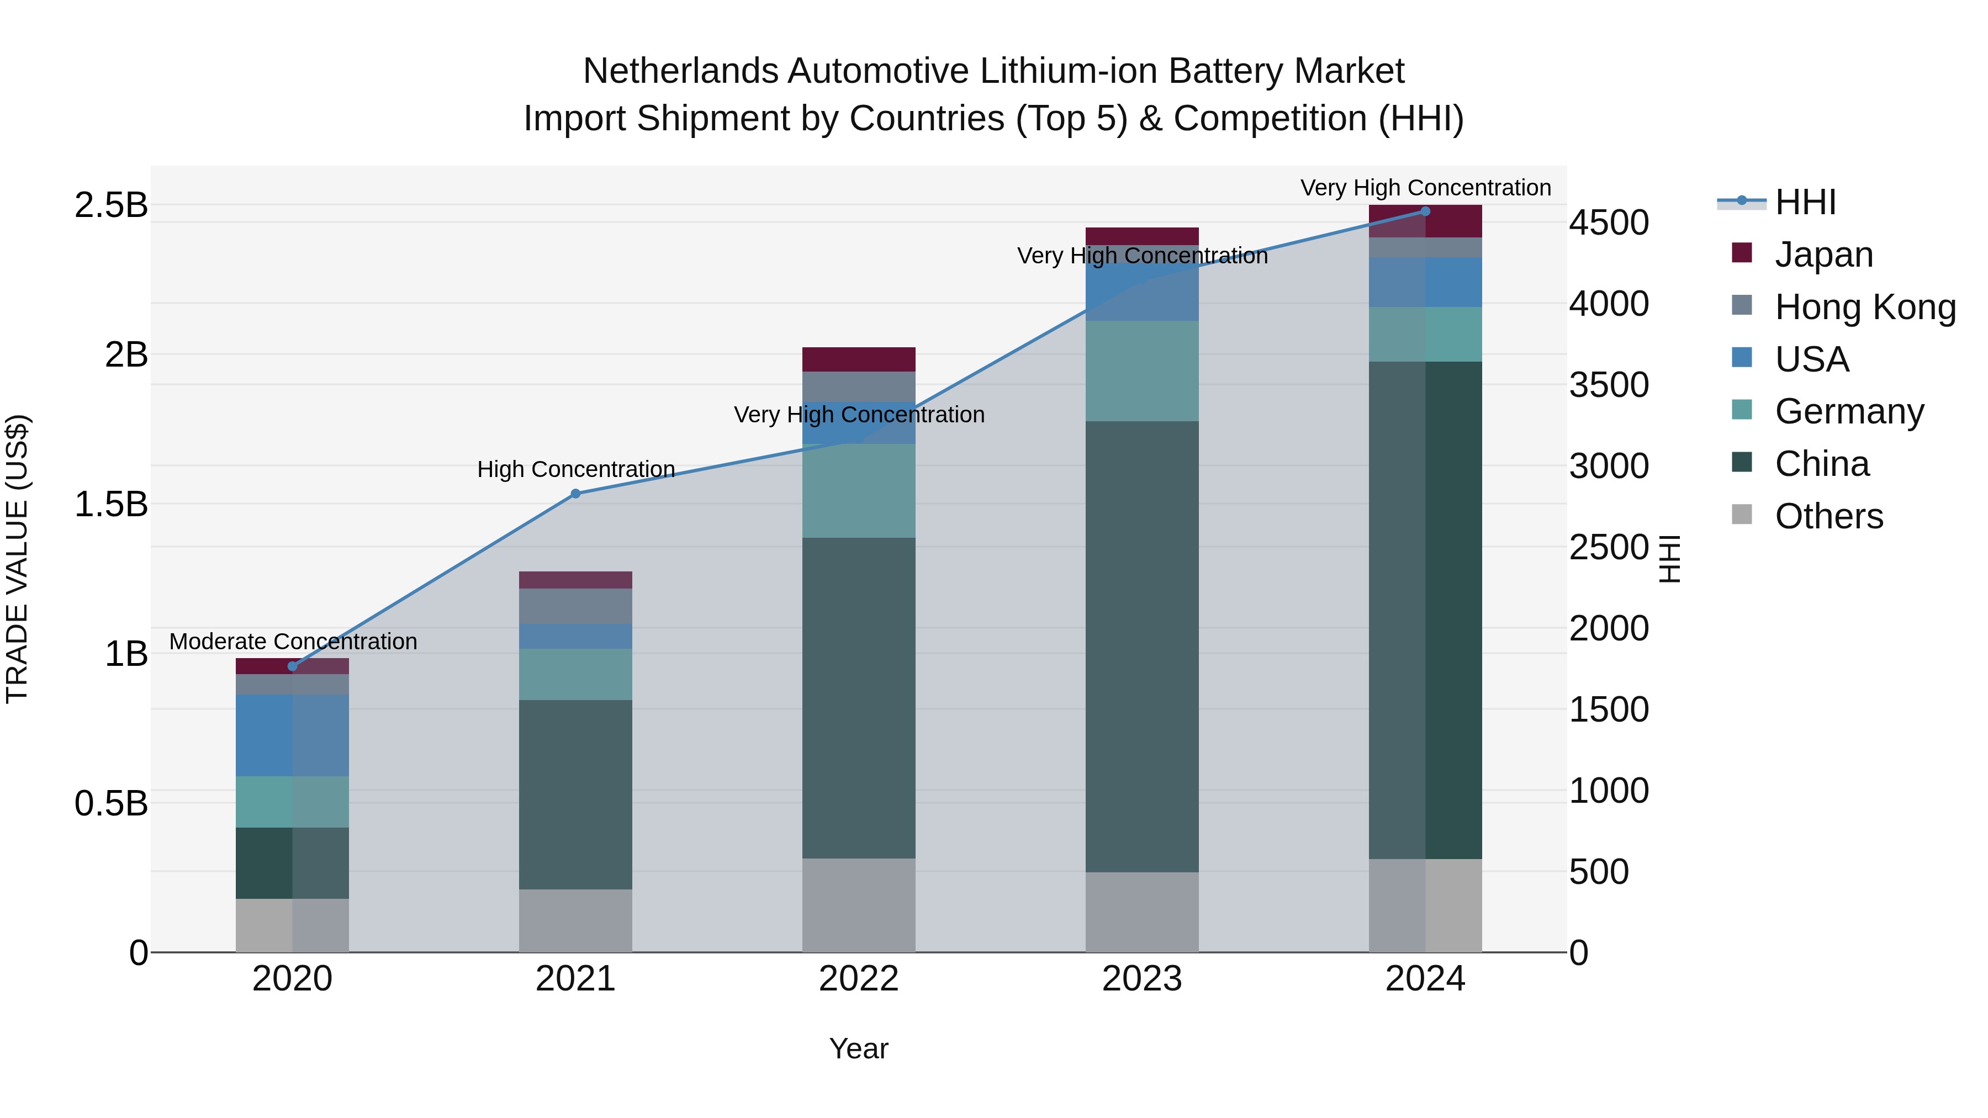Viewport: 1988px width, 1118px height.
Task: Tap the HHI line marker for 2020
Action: (x=293, y=666)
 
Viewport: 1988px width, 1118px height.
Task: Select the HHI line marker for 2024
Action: (x=1425, y=211)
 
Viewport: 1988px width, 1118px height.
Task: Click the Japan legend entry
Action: (x=1823, y=255)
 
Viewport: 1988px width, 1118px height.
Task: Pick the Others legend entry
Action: (x=1828, y=516)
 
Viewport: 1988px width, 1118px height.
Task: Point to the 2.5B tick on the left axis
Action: (x=111, y=205)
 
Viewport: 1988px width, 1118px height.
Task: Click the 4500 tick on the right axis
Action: (x=1609, y=223)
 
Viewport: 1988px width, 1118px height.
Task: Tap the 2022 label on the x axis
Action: (x=858, y=979)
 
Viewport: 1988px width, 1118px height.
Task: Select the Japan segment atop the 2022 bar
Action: (x=858, y=359)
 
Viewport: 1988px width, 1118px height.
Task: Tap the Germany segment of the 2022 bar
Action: (x=858, y=491)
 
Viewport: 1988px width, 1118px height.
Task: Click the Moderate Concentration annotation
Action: (x=293, y=642)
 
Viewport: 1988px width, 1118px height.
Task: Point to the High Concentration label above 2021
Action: (x=576, y=469)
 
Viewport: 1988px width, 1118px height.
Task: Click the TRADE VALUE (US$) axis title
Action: (x=17, y=559)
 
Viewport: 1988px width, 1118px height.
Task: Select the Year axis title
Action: (x=858, y=1050)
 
